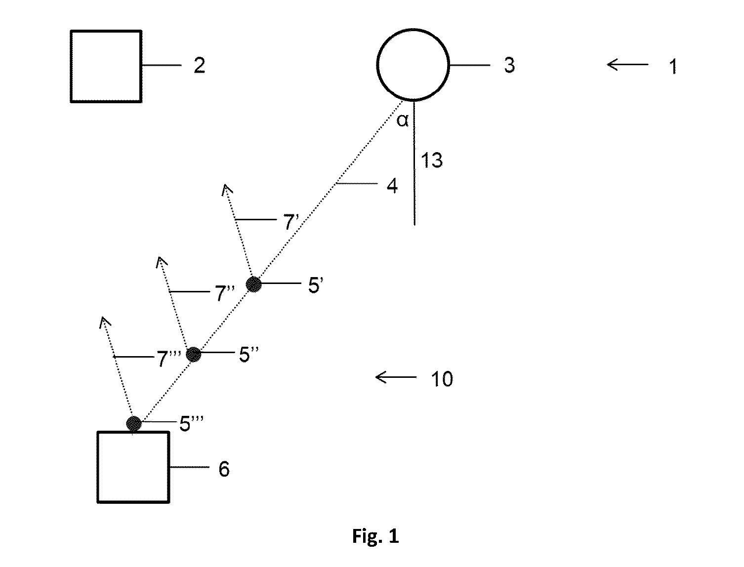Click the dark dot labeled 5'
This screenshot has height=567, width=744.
(253, 284)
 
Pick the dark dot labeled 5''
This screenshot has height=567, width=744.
(194, 355)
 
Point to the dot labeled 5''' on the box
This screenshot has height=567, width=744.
(133, 424)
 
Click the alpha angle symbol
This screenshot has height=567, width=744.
(402, 120)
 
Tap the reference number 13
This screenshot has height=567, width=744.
(431, 160)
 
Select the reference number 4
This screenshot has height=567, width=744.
(392, 186)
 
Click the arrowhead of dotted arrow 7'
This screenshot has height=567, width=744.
(226, 185)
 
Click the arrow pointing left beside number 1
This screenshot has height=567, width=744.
(627, 64)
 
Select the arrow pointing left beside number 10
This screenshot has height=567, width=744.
(396, 377)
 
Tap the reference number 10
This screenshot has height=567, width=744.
(442, 379)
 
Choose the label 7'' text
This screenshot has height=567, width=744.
(225, 292)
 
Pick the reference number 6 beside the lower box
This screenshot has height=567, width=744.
(224, 469)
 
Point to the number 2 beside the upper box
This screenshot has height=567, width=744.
(199, 65)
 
